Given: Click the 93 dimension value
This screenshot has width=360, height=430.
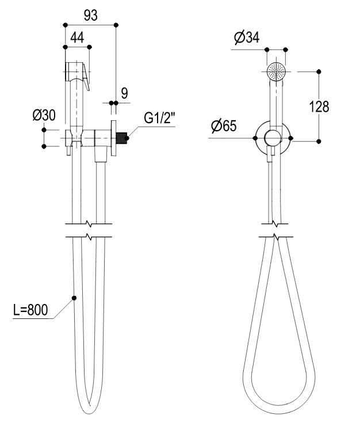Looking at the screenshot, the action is click(90, 16).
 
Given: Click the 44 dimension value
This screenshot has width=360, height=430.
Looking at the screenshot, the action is click(77, 37).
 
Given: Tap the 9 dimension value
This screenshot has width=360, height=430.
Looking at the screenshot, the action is click(124, 93).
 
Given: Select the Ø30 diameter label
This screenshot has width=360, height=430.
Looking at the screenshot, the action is click(44, 115).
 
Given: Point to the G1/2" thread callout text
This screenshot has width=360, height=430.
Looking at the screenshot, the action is click(159, 118).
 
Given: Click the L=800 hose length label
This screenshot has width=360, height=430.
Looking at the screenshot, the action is click(30, 310).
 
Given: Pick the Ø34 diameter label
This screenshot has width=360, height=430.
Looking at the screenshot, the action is click(247, 37).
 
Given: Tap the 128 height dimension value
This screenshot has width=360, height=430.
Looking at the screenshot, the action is click(319, 106).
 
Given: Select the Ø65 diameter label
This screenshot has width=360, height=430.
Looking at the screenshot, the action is click(224, 126).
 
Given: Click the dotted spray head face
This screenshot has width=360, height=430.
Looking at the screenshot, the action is click(276, 71).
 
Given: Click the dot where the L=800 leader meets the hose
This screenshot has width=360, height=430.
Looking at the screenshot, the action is click(74, 298).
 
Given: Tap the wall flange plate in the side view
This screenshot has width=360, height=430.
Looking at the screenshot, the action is click(113, 138).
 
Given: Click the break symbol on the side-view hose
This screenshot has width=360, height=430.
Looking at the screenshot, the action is click(89, 230).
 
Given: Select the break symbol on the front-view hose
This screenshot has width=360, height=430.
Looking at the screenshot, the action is click(275, 230).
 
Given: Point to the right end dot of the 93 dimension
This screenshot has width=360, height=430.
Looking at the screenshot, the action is click(116, 25).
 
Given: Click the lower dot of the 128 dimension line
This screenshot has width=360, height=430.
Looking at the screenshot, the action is click(319, 141).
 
